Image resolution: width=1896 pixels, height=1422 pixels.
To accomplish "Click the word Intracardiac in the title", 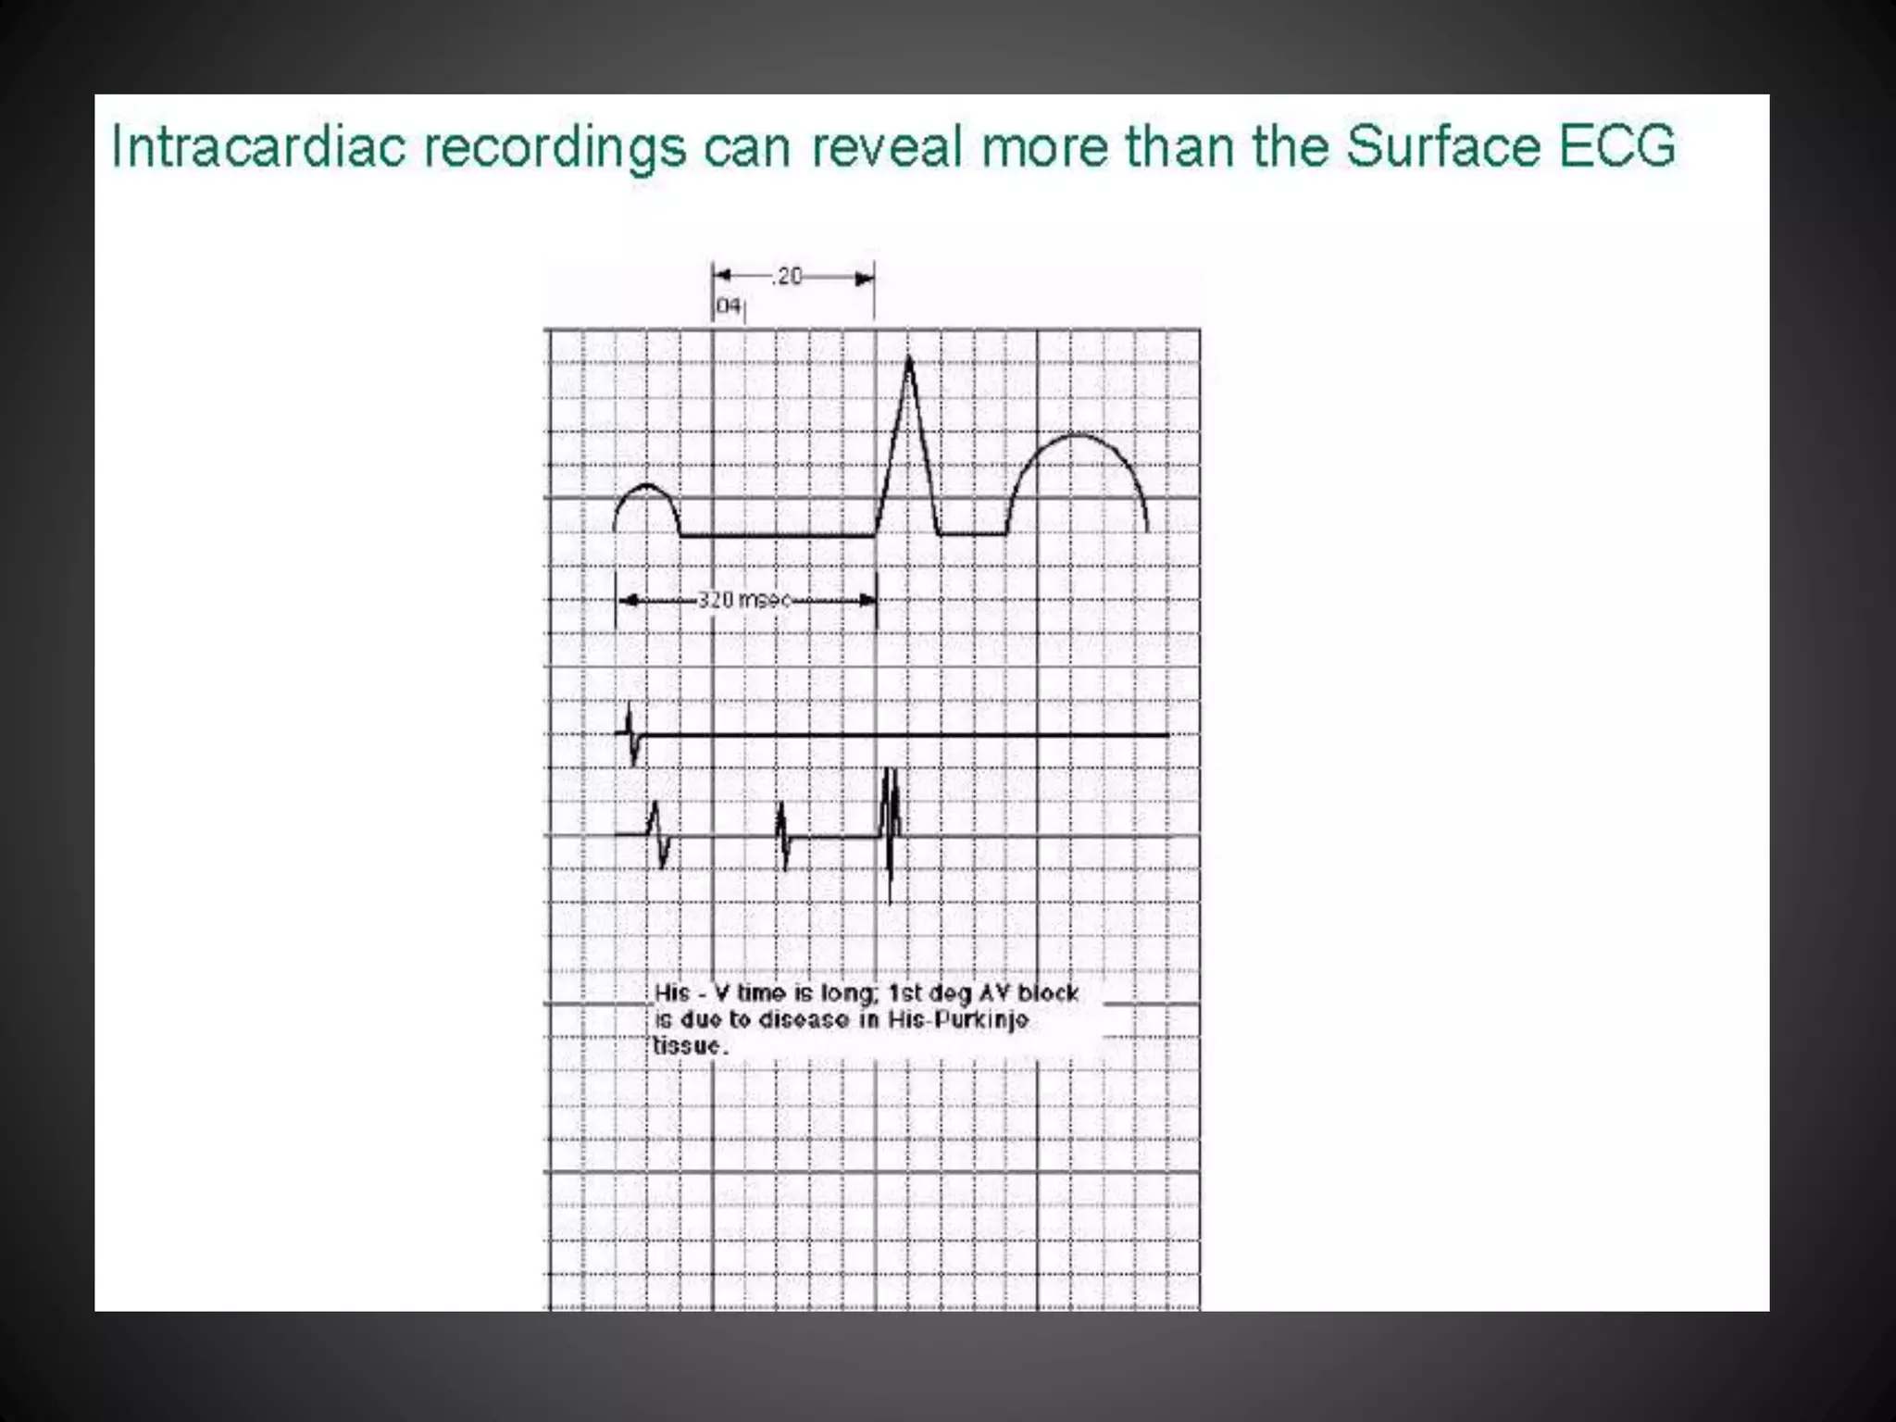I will click(x=258, y=147).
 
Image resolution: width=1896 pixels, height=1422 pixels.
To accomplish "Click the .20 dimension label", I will click(x=789, y=276).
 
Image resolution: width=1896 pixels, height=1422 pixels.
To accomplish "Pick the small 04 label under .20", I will click(x=729, y=306).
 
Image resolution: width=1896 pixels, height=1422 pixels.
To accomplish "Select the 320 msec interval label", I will click(x=744, y=600).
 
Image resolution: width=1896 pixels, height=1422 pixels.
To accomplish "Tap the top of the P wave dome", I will click(x=646, y=486).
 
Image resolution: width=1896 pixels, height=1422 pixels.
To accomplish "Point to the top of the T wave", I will click(x=1077, y=435).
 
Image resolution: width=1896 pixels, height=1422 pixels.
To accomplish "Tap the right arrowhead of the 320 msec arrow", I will click(x=868, y=600).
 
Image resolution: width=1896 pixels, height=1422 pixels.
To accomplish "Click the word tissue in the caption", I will click(x=689, y=1046).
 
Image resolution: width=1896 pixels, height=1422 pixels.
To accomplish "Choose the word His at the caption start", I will click(x=672, y=993).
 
